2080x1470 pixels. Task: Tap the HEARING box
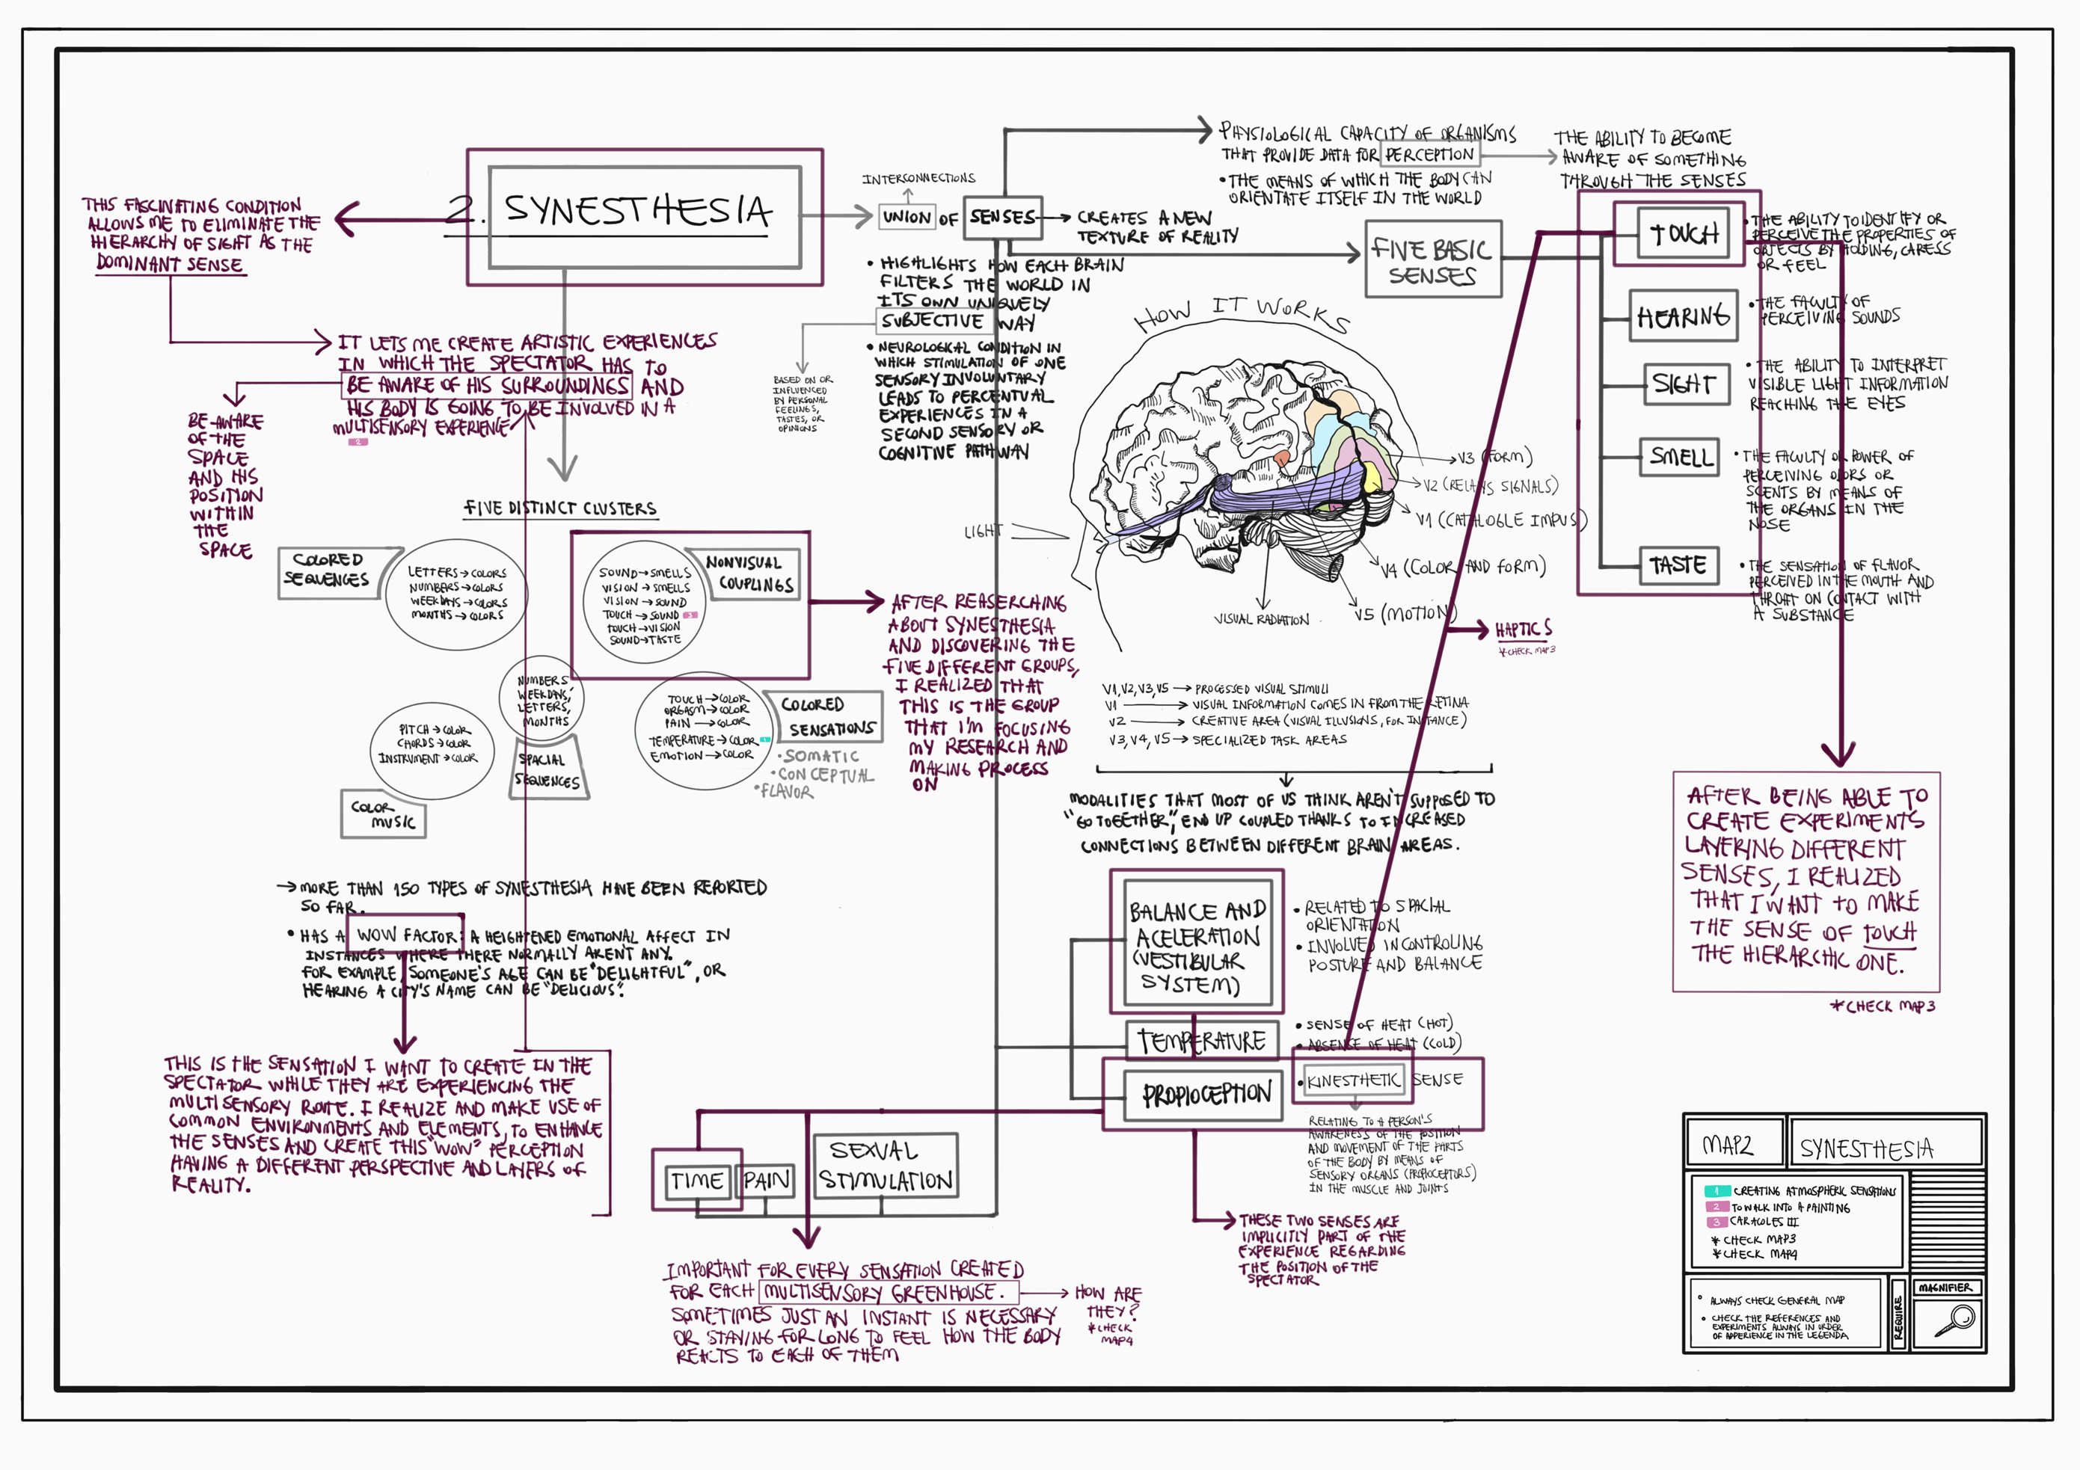click(1682, 316)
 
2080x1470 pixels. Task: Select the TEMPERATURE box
click(1201, 1041)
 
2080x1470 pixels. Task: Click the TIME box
click(696, 1180)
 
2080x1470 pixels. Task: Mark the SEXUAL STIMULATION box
click(885, 1166)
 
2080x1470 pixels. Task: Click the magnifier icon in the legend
click(1954, 1320)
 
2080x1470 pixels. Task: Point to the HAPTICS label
click(1523, 630)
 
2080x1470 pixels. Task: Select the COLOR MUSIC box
click(383, 814)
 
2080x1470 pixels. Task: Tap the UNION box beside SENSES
click(906, 218)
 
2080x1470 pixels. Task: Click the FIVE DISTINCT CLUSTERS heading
click(560, 508)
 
